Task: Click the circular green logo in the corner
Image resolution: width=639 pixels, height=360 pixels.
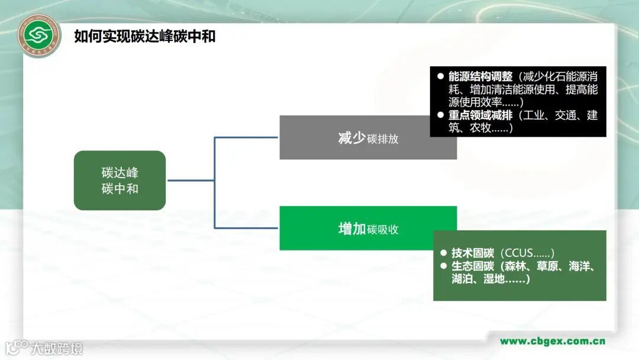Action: [x=40, y=36]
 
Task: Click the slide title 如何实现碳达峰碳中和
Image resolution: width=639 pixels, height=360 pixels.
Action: [x=144, y=37]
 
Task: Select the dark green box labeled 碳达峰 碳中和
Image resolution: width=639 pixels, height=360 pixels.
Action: [x=120, y=181]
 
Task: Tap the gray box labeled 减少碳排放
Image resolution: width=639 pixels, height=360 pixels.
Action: [x=368, y=138]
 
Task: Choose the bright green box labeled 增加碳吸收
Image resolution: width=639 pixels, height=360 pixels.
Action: [x=368, y=229]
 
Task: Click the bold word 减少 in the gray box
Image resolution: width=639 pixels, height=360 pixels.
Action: [x=351, y=139]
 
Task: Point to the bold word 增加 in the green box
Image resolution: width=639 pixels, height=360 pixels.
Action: [x=351, y=229]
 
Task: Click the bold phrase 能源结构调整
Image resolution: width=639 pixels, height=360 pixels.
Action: [x=480, y=77]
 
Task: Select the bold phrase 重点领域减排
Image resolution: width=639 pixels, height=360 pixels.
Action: [x=480, y=115]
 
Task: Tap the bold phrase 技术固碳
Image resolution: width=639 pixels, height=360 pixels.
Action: [x=472, y=253]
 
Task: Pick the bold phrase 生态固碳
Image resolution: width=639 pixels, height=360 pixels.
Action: [x=472, y=266]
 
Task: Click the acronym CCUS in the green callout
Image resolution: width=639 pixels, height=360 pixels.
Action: [x=520, y=253]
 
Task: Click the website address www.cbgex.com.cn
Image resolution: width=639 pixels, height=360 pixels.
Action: [x=552, y=341]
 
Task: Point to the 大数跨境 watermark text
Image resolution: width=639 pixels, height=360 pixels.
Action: [x=57, y=348]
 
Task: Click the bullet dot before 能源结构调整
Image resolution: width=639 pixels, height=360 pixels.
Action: [x=440, y=77]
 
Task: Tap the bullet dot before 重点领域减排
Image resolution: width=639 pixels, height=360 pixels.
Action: [x=440, y=115]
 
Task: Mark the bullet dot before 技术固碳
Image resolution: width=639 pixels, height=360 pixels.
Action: [x=443, y=253]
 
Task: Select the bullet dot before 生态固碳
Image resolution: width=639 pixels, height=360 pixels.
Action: [x=443, y=266]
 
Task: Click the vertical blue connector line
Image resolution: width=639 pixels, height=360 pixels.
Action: [x=214, y=182]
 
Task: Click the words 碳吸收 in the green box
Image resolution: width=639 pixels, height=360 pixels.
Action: [x=383, y=230]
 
